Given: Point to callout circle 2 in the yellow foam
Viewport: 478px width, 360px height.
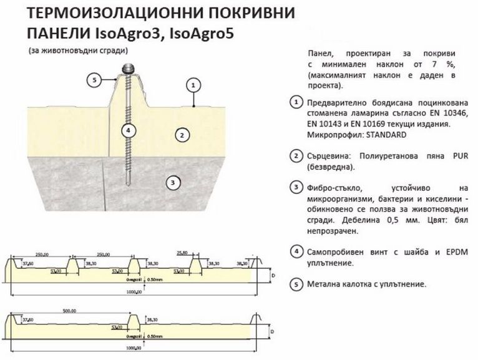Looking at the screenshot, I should coord(180,134).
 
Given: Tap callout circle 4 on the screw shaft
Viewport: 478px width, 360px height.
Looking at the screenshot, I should coord(127,130).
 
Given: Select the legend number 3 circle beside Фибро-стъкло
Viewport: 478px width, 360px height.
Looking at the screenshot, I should coord(296,188).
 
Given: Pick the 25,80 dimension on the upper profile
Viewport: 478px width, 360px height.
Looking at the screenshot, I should coord(183,253).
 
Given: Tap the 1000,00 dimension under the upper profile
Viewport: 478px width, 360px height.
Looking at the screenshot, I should coord(134,293).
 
